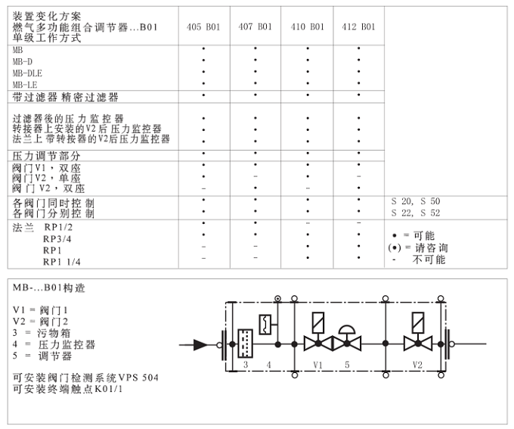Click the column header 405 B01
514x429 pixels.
tap(203, 26)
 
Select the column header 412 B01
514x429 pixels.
tap(358, 26)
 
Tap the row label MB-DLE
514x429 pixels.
tap(27, 73)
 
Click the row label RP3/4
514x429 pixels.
tap(57, 238)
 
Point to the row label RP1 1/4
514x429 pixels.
tap(62, 262)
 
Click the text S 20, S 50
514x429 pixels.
tap(416, 201)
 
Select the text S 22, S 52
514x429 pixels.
tap(416, 213)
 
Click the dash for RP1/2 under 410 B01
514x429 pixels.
tap(308, 223)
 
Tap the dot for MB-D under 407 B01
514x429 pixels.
tap(255, 60)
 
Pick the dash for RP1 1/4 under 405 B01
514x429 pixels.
tap(203, 258)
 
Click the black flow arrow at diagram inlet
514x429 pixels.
tap(200, 345)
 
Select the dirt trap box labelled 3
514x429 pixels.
tap(245, 344)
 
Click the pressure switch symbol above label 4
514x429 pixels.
tap(265, 325)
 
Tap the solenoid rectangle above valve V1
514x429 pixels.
tap(318, 323)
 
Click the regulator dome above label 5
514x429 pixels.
tap(347, 330)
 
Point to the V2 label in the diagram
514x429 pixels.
tap(417, 365)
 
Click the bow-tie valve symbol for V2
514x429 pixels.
tap(418, 344)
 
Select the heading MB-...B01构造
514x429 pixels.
tap(49, 288)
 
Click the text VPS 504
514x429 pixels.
tap(138, 378)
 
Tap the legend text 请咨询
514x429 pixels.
tap(432, 247)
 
